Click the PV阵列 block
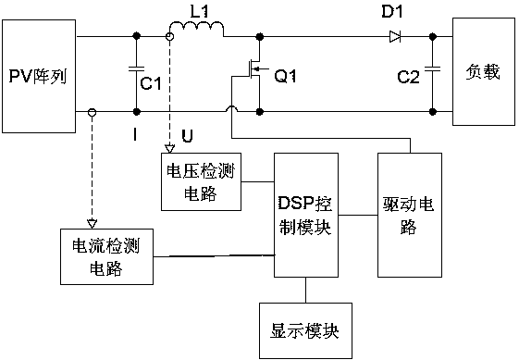click(x=39, y=74)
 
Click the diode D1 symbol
click(x=395, y=36)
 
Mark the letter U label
click(x=189, y=136)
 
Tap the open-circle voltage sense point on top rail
click(x=168, y=36)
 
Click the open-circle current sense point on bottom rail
click(x=91, y=113)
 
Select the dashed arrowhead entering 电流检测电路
click(x=91, y=222)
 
